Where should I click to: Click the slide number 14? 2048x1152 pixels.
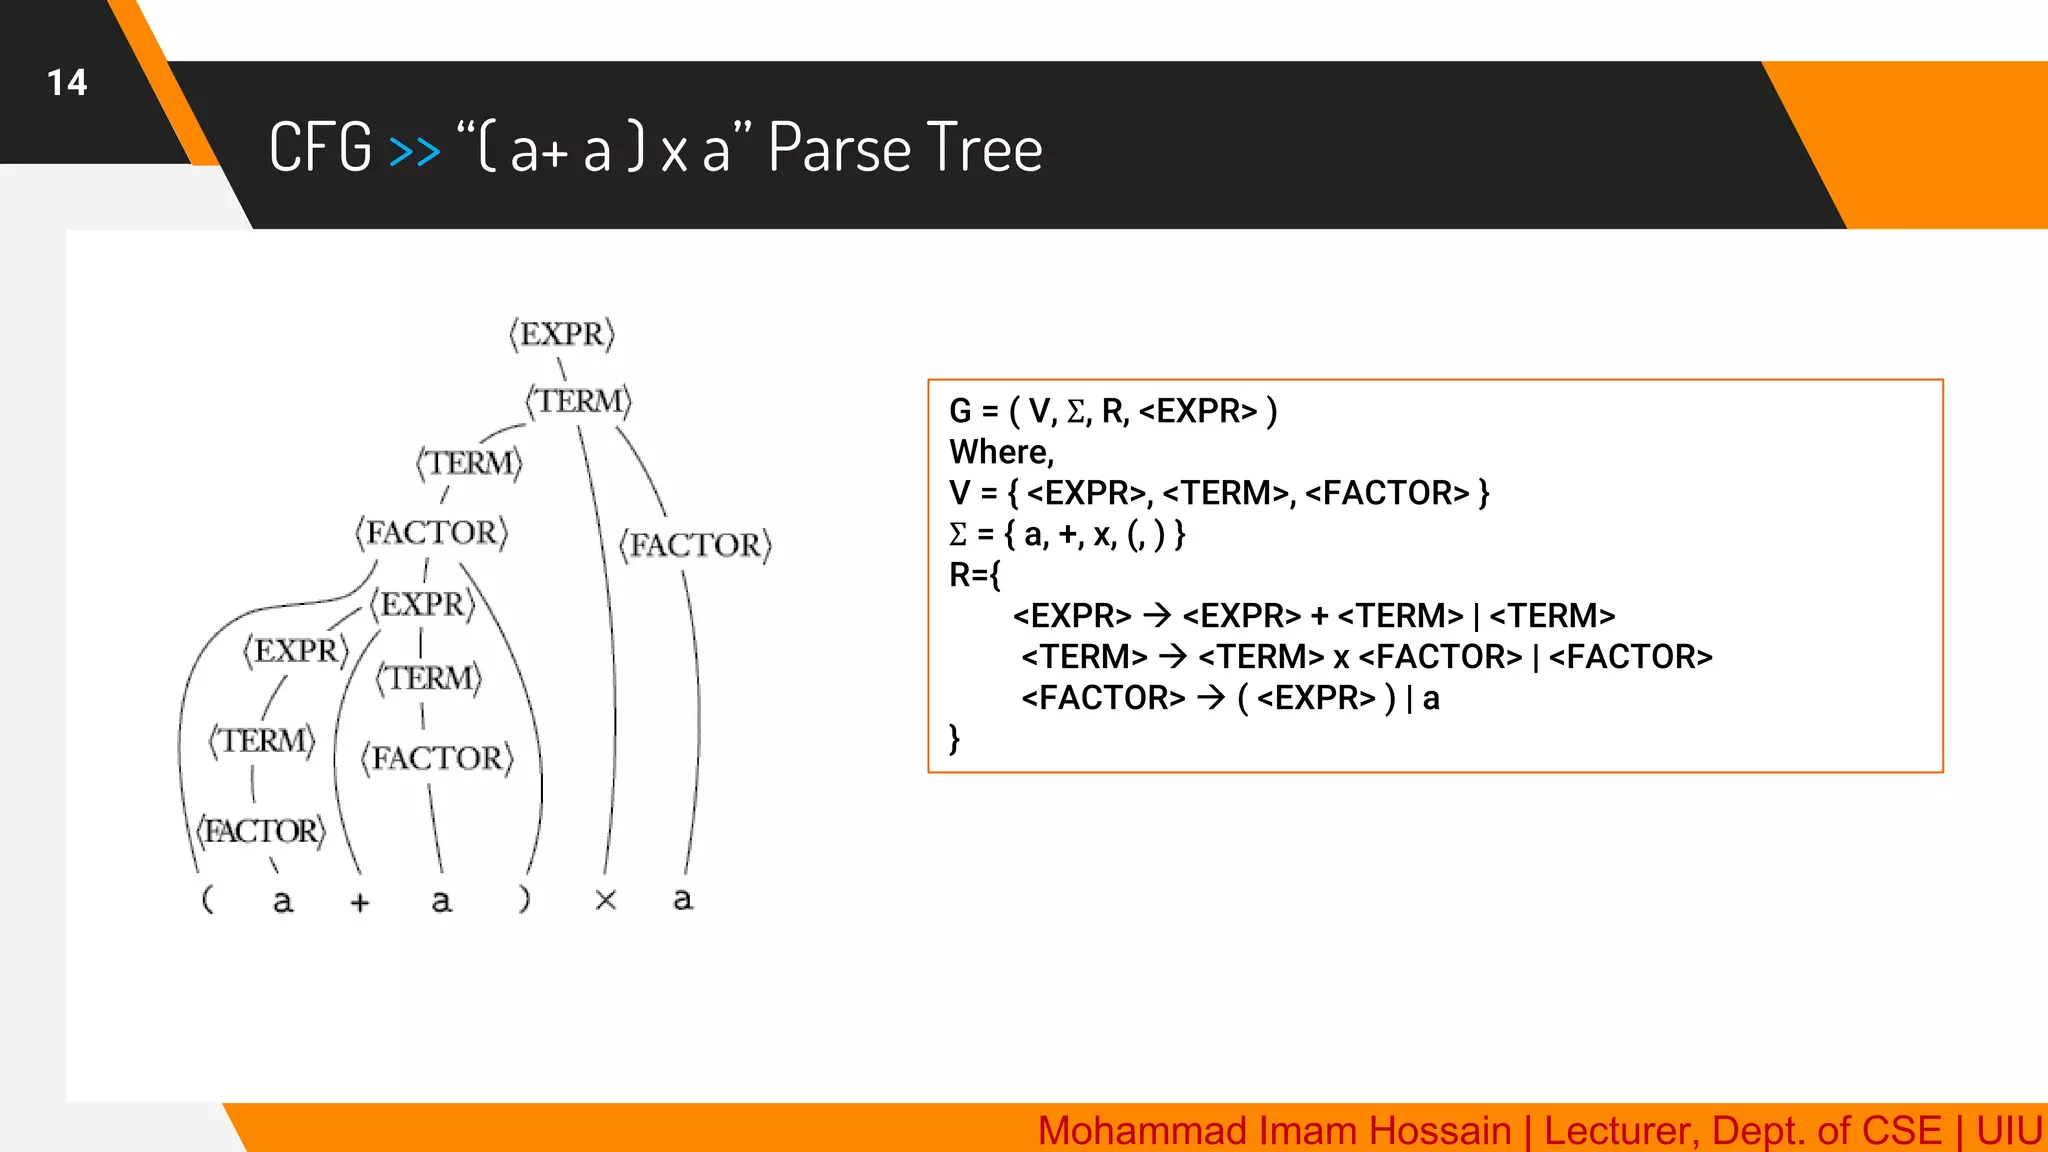(67, 83)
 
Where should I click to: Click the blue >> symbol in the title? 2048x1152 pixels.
(414, 151)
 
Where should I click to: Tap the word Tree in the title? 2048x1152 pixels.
(985, 148)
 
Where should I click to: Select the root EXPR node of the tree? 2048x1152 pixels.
(562, 334)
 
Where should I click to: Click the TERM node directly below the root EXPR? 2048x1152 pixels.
(579, 402)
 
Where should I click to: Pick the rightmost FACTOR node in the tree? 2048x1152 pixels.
(695, 545)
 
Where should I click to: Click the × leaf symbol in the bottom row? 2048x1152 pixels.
(605, 900)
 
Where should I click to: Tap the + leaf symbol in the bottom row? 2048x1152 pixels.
(360, 903)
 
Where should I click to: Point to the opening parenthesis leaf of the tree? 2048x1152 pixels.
(207, 899)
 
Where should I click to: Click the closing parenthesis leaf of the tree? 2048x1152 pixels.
(524, 899)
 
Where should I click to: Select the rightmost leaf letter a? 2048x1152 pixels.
(682, 899)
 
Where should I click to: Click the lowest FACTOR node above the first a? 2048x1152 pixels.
(261, 831)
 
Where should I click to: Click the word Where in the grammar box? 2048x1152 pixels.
(999, 452)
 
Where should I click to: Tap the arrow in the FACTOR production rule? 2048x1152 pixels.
(1210, 698)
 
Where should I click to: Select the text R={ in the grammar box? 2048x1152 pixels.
(974, 575)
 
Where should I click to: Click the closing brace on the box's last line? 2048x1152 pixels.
(955, 739)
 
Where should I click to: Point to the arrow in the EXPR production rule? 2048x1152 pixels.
(1156, 616)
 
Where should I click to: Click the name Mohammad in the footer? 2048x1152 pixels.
(1120, 1131)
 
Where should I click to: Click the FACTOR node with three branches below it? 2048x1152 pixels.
(432, 533)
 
